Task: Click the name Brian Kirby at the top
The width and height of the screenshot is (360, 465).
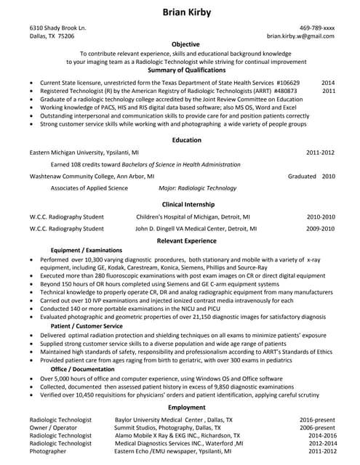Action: coord(180,14)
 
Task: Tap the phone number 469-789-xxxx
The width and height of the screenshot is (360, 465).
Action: coord(316,28)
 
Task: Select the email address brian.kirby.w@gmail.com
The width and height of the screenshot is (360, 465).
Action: coord(300,36)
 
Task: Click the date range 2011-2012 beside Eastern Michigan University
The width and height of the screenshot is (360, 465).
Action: coord(320,153)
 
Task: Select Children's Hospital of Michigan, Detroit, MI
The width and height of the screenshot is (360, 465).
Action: coord(193,217)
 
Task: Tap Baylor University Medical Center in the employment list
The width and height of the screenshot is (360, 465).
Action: coord(173,420)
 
